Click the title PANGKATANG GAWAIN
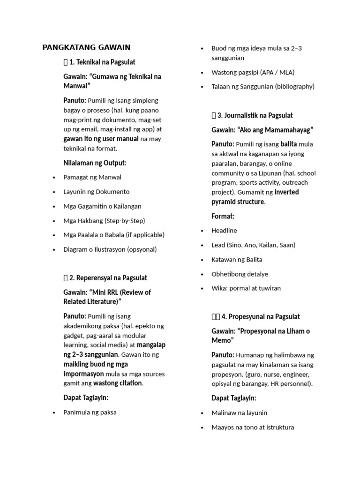[86, 47]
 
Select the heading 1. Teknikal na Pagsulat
[102, 62]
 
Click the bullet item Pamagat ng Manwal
[92, 177]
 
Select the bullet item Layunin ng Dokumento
[97, 192]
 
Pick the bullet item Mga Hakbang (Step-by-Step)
[104, 220]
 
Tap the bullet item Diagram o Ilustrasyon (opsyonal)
[110, 249]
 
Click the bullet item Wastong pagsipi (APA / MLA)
[253, 72]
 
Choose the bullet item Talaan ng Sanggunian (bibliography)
[263, 86]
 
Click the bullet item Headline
[225, 231]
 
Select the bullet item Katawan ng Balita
[237, 260]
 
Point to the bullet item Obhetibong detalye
[240, 274]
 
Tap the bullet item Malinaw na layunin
[240, 413]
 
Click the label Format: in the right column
[223, 216]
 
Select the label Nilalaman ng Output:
[95, 163]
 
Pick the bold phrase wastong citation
[118, 383]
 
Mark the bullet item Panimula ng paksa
[90, 412]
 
